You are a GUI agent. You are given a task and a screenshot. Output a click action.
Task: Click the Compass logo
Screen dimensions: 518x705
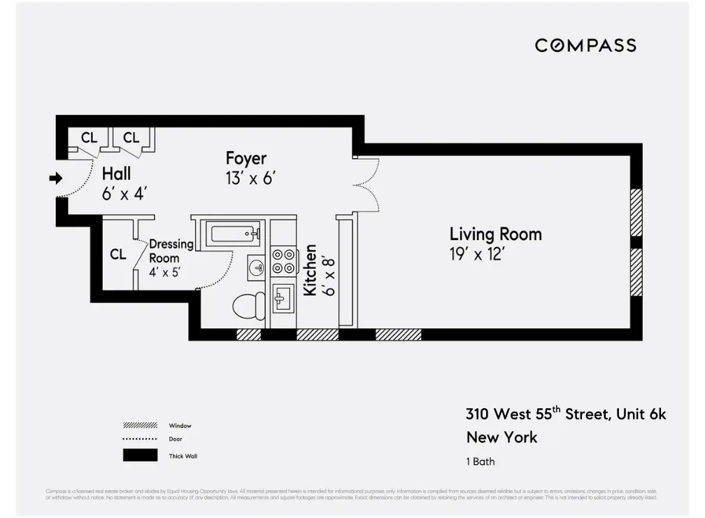click(x=585, y=45)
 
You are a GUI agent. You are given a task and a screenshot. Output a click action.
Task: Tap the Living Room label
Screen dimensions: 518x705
click(x=495, y=234)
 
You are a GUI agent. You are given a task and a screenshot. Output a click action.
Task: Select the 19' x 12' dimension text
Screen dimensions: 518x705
click(x=477, y=254)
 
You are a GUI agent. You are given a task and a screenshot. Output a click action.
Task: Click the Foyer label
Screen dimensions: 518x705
click(x=245, y=157)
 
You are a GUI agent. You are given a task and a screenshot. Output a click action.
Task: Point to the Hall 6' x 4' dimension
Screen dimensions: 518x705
click(x=124, y=194)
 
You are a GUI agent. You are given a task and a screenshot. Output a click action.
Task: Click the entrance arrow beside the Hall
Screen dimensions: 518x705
click(x=55, y=179)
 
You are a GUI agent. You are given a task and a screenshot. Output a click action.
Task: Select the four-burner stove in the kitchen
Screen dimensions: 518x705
click(x=283, y=260)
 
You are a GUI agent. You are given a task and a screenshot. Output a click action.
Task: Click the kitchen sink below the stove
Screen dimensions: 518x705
click(x=283, y=300)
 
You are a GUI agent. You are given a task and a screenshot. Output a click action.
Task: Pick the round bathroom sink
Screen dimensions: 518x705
click(x=257, y=267)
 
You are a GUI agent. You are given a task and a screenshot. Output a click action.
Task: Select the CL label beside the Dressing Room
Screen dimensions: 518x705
click(x=117, y=255)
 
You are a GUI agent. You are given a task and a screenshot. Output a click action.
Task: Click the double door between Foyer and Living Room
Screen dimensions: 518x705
click(x=366, y=183)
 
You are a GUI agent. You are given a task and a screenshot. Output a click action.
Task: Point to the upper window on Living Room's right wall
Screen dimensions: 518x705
click(x=636, y=212)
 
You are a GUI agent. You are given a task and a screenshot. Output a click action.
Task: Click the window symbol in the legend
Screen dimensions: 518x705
click(x=139, y=426)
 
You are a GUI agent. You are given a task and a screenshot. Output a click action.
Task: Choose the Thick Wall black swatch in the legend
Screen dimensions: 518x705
click(x=139, y=455)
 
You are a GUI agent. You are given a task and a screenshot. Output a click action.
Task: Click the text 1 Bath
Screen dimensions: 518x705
click(x=480, y=461)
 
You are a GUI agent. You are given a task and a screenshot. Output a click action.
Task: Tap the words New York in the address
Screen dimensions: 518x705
click(x=501, y=437)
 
